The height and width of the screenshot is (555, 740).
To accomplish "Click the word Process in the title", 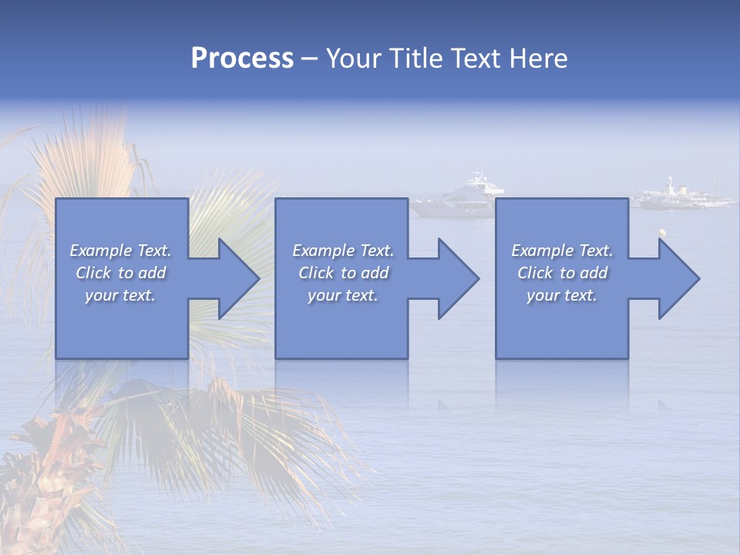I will pos(242,59).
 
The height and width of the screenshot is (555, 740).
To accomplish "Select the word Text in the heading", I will pos(476,59).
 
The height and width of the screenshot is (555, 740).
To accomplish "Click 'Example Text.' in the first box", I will pos(121,251).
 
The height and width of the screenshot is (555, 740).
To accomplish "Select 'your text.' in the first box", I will pos(121,295).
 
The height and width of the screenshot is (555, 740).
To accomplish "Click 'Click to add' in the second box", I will pos(343,273).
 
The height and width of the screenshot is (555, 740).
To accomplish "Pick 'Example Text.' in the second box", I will pos(343,251).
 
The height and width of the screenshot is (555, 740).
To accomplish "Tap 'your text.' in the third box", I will pos(562,295).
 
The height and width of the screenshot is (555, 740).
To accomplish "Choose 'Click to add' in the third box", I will pos(562,273).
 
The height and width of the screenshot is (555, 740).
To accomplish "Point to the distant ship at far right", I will pos(682,196).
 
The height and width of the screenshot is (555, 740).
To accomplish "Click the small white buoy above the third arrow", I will pos(661,230).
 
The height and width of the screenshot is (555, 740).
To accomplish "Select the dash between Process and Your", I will pos(309,59).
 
